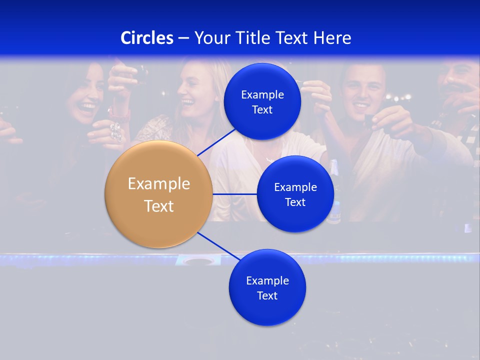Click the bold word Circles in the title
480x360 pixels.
[x=147, y=38]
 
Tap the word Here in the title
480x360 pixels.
[x=332, y=38]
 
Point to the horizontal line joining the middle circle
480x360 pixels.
[x=234, y=194]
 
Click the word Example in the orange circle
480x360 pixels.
[x=158, y=183]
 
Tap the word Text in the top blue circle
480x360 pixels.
[x=262, y=109]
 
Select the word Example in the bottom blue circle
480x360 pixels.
[x=267, y=280]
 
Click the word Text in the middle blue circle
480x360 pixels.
[x=295, y=202]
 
